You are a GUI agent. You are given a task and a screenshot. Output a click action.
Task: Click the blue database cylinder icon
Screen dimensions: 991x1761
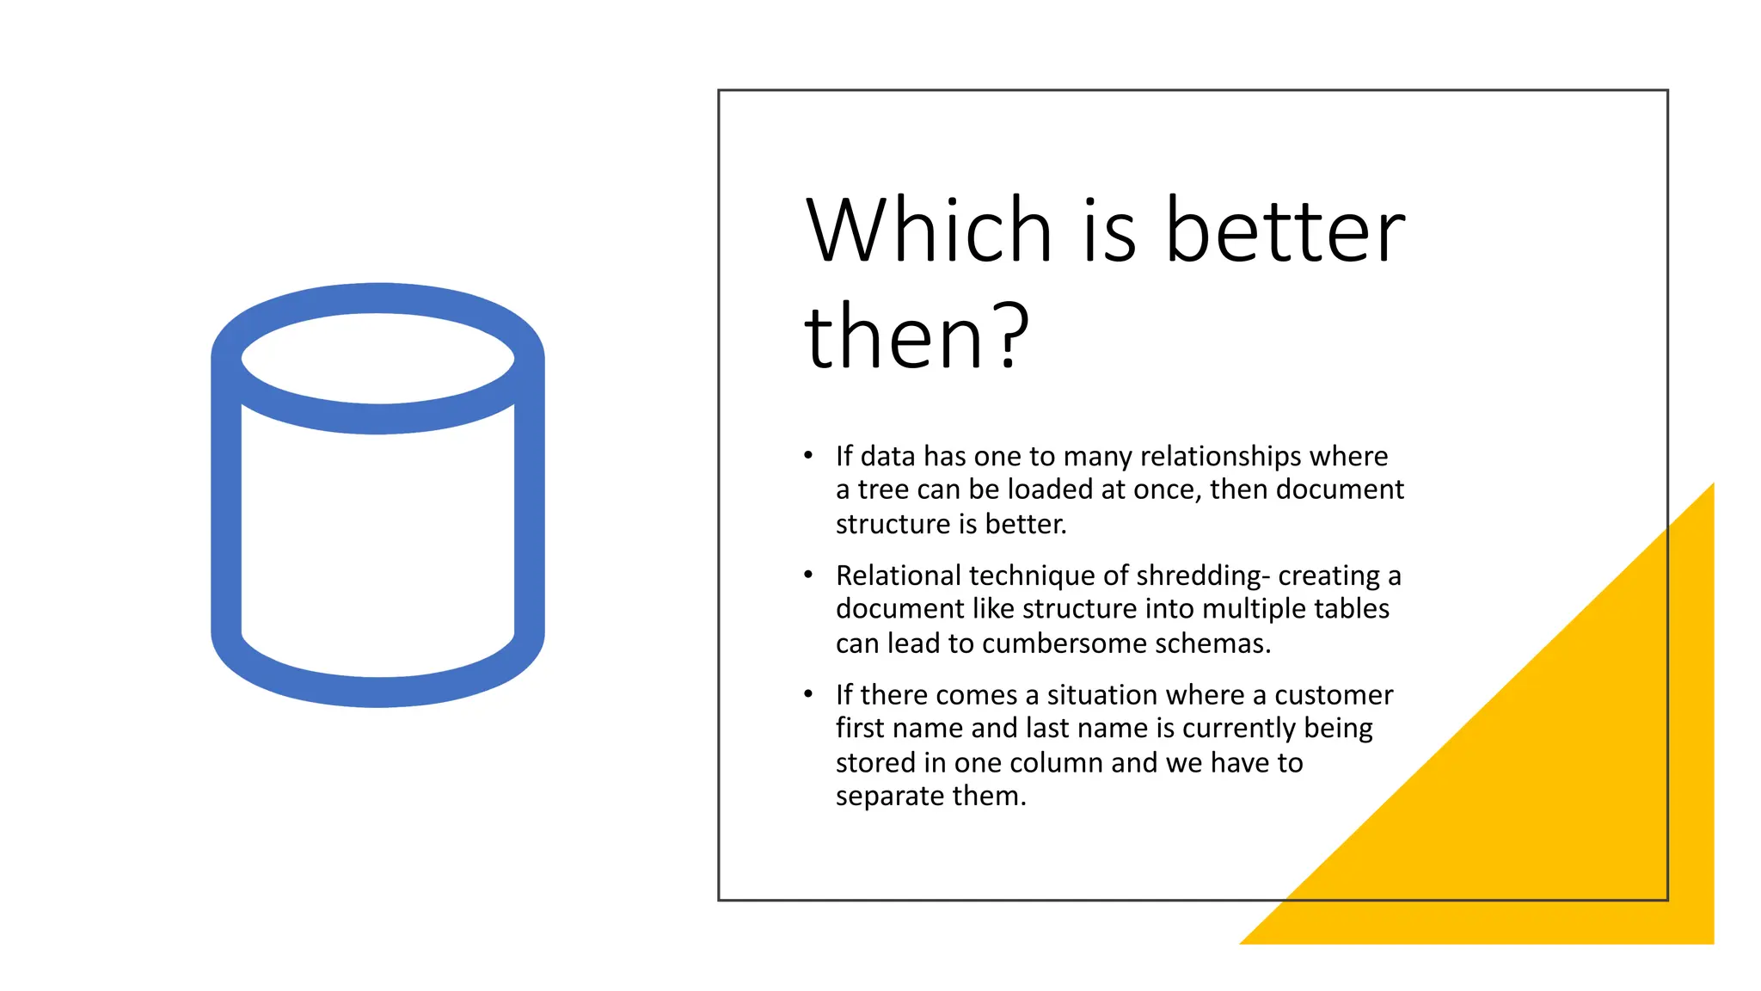click(x=377, y=495)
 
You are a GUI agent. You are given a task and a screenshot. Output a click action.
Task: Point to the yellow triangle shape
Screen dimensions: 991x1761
click(x=1548, y=774)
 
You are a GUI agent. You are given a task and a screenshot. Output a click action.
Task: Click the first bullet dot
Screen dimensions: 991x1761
click(x=808, y=455)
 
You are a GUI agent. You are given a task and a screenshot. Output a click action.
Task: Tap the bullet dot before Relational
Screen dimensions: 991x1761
click(x=808, y=575)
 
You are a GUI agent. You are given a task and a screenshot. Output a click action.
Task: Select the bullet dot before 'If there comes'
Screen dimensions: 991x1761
click(x=808, y=694)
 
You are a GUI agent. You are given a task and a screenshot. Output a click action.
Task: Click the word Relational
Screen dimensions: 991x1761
click(x=898, y=575)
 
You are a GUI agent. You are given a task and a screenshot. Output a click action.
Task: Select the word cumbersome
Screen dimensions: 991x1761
click(x=1064, y=643)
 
